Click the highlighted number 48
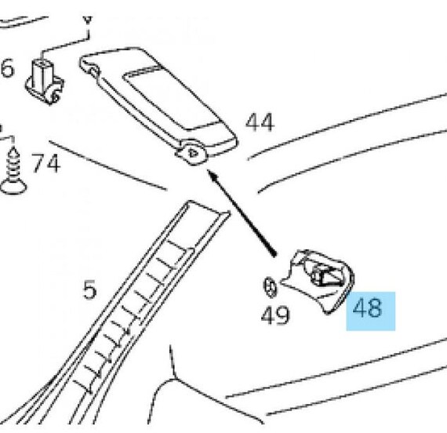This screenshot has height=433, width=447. coord(367,308)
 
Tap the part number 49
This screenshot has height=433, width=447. coord(275,315)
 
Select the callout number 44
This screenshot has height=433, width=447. coord(260,122)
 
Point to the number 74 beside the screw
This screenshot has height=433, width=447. coord(45,163)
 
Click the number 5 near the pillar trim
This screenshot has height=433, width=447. coord(89,289)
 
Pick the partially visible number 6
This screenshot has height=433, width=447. coord(7,68)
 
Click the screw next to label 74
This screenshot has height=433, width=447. coord(13,171)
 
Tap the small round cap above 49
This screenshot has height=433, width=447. coord(270,287)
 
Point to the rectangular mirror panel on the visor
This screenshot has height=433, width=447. coord(171,97)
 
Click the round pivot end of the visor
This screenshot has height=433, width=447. coord(193,153)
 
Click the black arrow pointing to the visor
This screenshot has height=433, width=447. coord(242,213)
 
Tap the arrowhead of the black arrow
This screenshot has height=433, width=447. coord(212,174)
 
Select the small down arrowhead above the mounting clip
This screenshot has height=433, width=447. coord(88,20)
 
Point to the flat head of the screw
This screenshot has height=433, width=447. coord(13,187)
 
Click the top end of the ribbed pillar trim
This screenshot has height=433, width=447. coord(208,207)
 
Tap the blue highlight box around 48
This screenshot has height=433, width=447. coord(371,311)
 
